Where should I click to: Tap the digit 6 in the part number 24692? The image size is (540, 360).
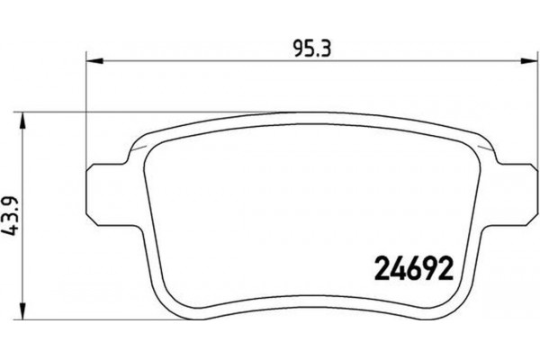coord(407,267)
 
